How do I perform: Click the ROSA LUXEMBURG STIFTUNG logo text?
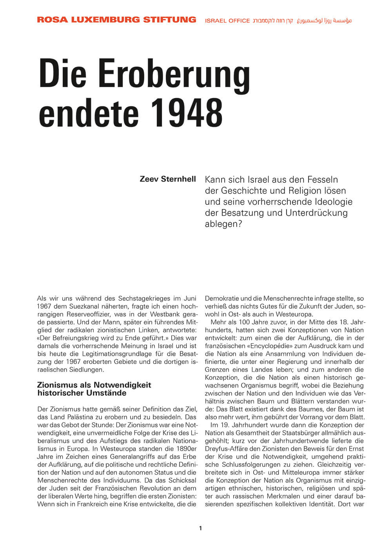click(116, 20)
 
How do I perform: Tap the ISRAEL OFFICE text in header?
click(227, 21)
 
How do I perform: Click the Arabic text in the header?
click(324, 20)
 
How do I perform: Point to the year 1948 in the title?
click(187, 113)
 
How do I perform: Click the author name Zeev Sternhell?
click(168, 179)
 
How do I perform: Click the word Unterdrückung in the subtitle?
click(316, 213)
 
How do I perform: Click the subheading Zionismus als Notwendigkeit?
click(94, 385)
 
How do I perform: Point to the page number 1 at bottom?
click(201, 528)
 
